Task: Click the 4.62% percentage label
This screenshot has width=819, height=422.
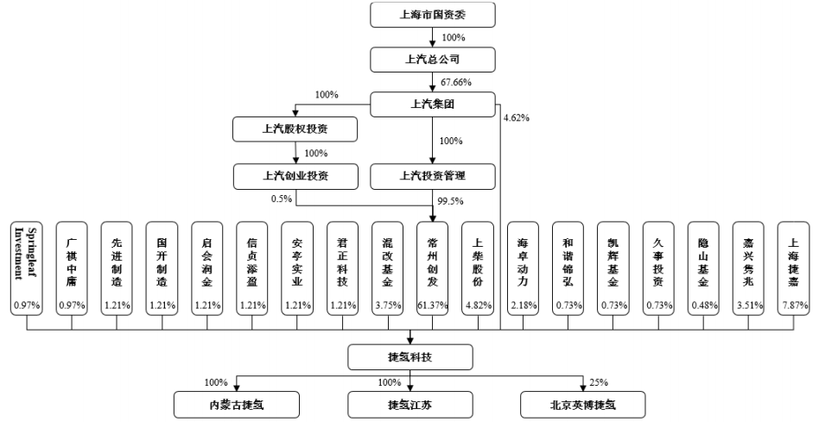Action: [x=516, y=117]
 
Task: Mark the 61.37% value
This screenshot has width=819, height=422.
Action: [x=434, y=306]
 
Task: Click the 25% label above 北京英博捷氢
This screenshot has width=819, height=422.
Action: [x=599, y=381]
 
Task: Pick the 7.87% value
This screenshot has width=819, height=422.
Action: [x=794, y=306]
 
